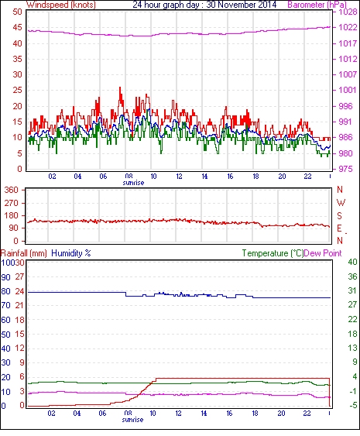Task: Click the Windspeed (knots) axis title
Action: point(61,5)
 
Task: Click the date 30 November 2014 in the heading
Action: point(242,5)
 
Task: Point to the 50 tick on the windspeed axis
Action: point(17,12)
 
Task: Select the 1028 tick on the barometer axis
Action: point(348,12)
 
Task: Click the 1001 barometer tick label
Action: point(348,90)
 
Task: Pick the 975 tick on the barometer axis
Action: point(348,169)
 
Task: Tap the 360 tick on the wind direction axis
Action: point(11,190)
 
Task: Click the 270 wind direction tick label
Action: point(11,203)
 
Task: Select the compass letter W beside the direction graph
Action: point(341,203)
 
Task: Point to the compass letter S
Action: point(339,216)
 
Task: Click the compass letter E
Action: point(339,228)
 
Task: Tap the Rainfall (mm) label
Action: point(24,253)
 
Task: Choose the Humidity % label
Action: point(71,253)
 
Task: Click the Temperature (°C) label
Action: point(273,253)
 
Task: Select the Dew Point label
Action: point(323,253)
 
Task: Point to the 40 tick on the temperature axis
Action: point(352,262)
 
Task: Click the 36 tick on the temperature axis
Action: point(352,276)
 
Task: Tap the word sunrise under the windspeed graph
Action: point(133,183)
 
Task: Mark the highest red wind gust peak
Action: point(120,88)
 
